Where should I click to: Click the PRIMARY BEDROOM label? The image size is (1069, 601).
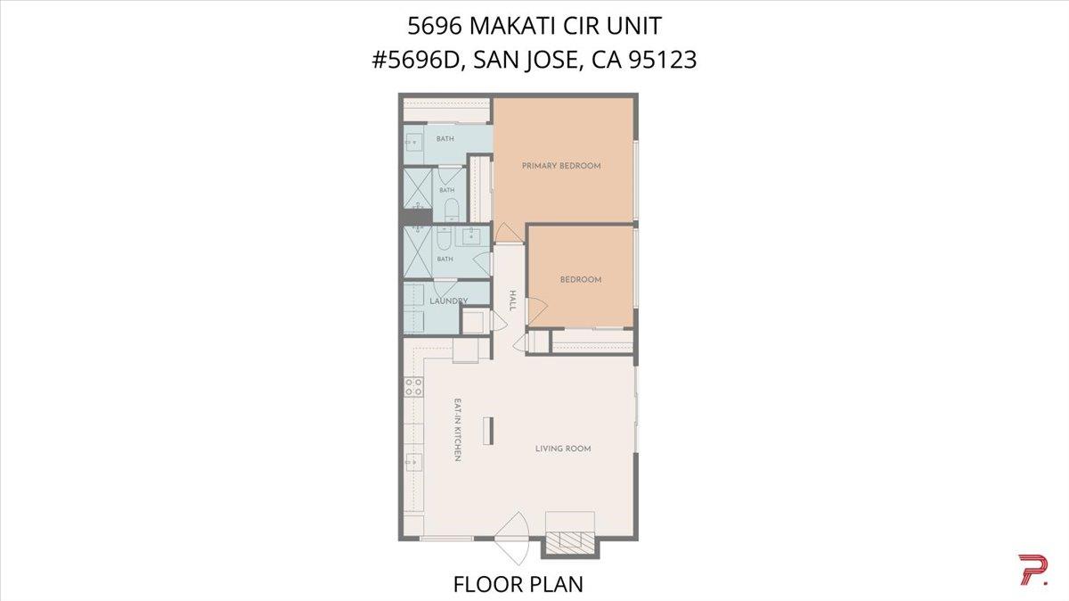[x=560, y=166]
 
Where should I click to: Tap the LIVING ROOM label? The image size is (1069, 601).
[x=563, y=449]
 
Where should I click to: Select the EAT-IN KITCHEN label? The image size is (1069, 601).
[x=457, y=430]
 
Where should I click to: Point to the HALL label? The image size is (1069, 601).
[x=512, y=300]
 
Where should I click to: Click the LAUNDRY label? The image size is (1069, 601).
[x=448, y=301]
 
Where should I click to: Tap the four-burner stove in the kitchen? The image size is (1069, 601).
[x=413, y=386]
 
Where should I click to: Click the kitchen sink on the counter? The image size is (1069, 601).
[x=413, y=462]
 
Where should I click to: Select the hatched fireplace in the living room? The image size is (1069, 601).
[x=570, y=542]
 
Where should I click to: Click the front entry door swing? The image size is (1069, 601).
[x=513, y=539]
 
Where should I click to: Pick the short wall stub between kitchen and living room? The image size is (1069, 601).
[x=488, y=431]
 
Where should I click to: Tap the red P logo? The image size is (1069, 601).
[x=1033, y=570]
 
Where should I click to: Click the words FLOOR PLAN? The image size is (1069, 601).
[x=518, y=584]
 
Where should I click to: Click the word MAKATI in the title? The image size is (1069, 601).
[x=512, y=26]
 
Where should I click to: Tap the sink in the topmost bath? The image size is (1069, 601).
[x=413, y=142]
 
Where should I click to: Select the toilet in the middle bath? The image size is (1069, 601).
[x=451, y=210]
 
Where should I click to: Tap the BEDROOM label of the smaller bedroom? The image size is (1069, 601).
[x=581, y=279]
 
